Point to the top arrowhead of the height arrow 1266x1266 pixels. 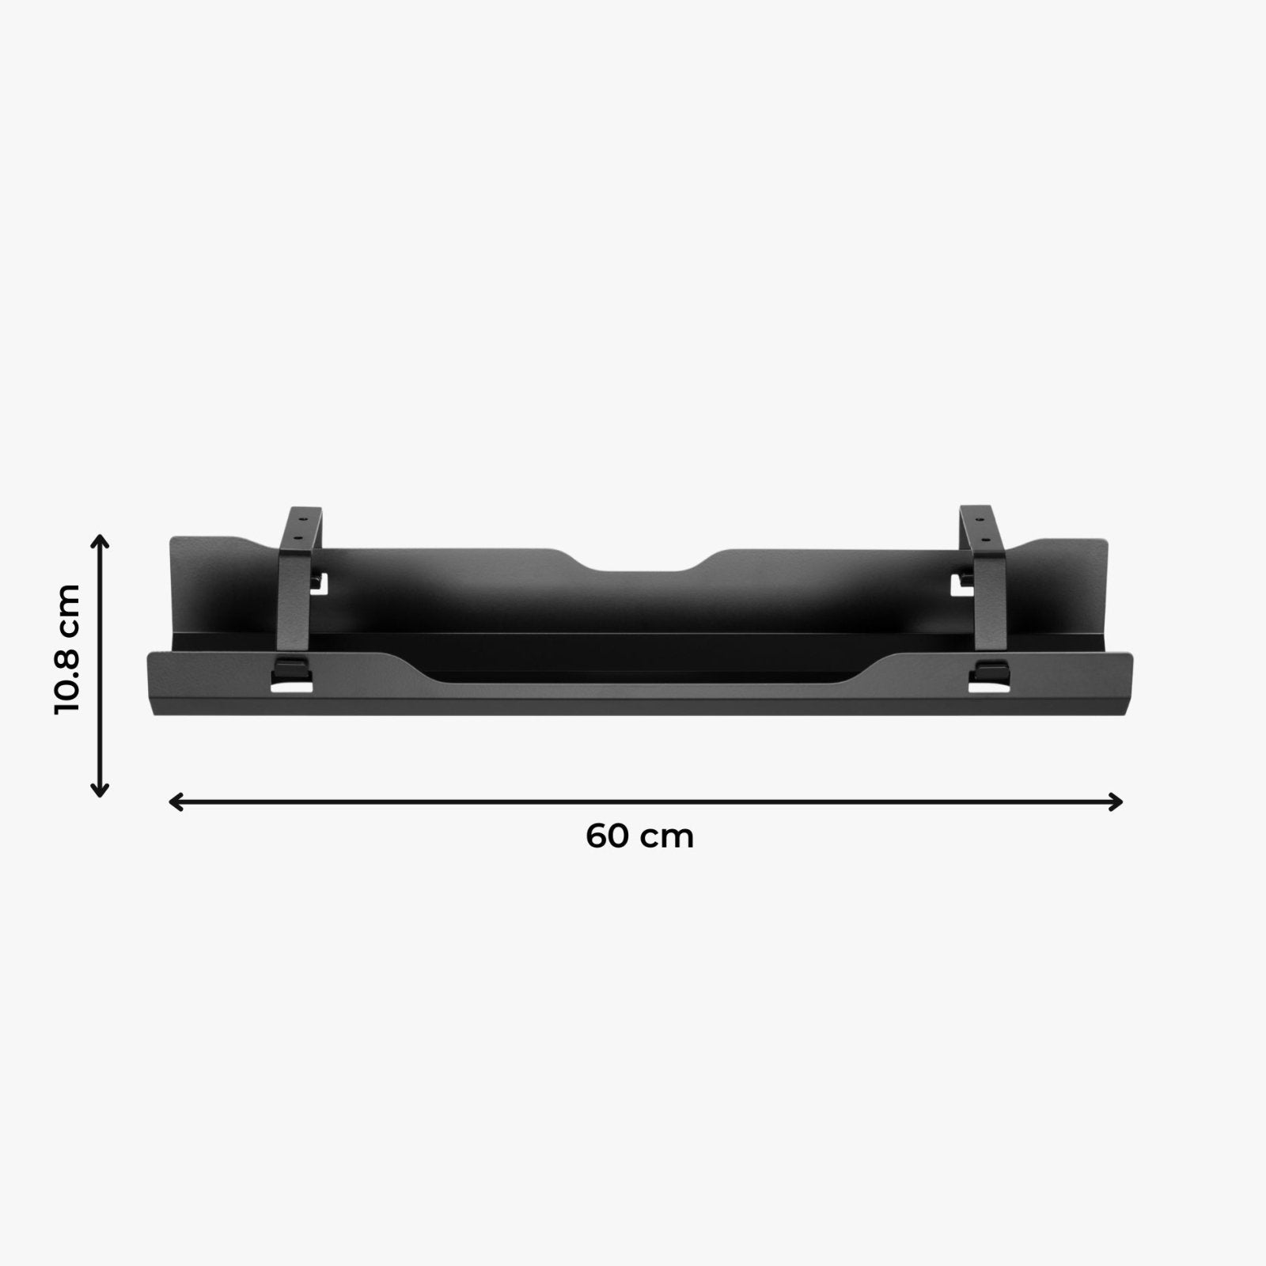[100, 541]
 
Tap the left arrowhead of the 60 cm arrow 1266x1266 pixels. [176, 802]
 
